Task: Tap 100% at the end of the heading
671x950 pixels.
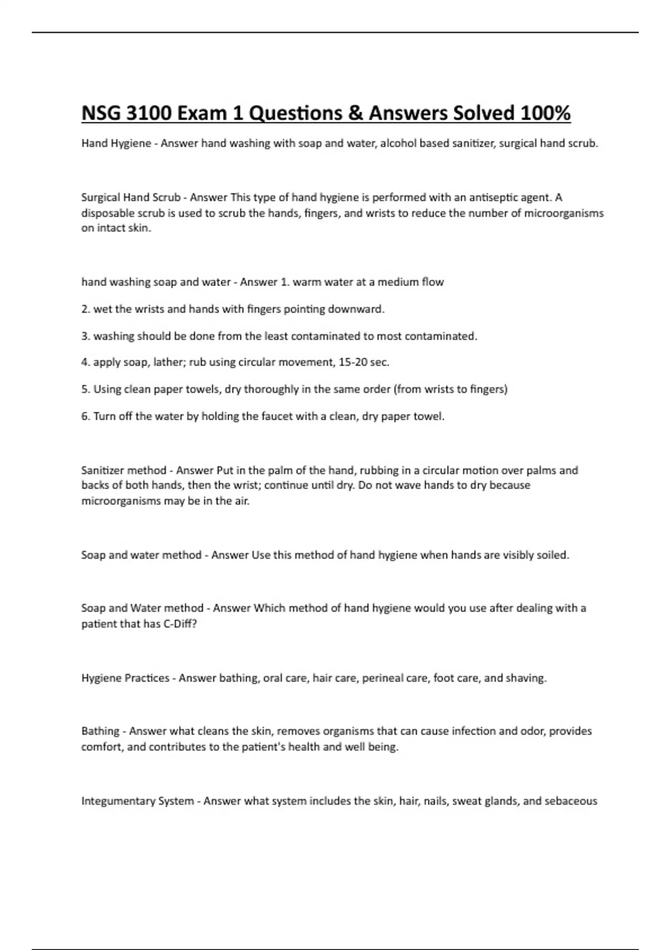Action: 545,113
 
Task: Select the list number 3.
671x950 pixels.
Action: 85,336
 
